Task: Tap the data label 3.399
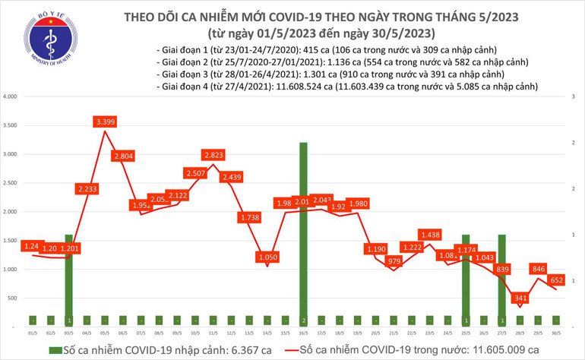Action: pyautogui.click(x=105, y=122)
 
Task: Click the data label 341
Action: pyautogui.click(x=520, y=298)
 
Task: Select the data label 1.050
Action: pyautogui.click(x=267, y=258)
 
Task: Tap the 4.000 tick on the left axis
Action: pyautogui.click(x=11, y=97)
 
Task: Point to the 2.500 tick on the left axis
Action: pyautogui.click(x=11, y=183)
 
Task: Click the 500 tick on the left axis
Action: pyautogui.click(x=12, y=298)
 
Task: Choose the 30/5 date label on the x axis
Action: pyautogui.click(x=557, y=333)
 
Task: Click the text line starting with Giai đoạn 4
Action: pyautogui.click(x=346, y=87)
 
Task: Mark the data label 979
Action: pyautogui.click(x=394, y=261)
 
